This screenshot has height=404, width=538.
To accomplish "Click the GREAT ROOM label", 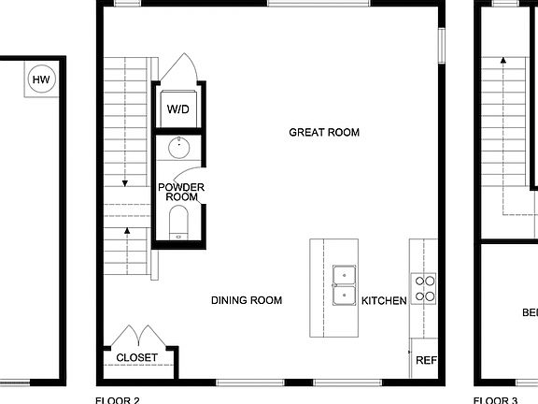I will click(x=324, y=133).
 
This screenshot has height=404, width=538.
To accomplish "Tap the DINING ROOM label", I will click(x=247, y=300).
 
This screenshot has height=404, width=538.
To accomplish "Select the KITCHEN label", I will click(x=384, y=300).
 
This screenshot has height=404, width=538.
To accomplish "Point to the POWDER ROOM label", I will click(x=180, y=192).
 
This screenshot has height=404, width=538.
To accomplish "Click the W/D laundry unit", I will click(x=178, y=108).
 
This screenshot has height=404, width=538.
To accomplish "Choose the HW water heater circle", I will click(x=41, y=80).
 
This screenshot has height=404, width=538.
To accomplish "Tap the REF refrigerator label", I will click(x=426, y=360).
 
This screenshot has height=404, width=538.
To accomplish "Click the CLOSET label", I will click(x=136, y=358).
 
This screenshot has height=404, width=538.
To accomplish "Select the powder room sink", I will click(x=178, y=147).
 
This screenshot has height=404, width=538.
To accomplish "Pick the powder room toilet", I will click(x=178, y=223).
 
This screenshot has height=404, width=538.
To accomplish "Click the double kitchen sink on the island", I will click(x=346, y=286).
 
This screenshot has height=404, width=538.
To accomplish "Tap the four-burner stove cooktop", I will click(x=425, y=288).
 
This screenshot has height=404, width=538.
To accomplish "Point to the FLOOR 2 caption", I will click(x=118, y=400).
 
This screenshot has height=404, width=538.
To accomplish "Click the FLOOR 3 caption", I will click(x=495, y=400).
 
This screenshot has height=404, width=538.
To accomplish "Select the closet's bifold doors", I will click(x=136, y=334).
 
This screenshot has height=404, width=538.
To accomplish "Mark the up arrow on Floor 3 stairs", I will click(x=504, y=60).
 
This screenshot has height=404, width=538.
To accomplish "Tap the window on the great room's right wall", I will click(x=441, y=45).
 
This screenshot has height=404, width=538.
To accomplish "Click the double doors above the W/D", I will click(x=177, y=70).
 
